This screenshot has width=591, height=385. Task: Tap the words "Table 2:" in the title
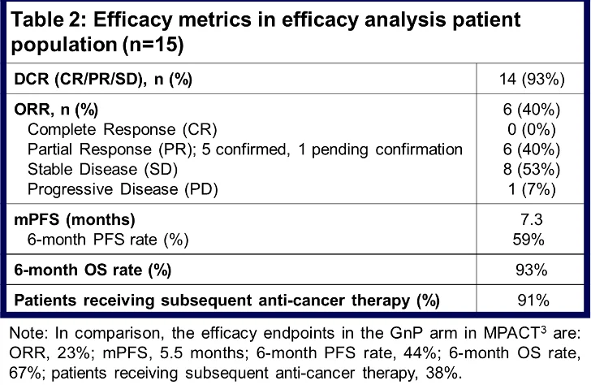click(49, 21)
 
